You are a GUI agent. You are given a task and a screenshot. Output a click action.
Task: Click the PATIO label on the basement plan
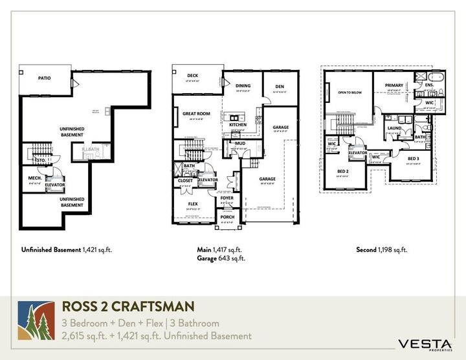click(x=44, y=78)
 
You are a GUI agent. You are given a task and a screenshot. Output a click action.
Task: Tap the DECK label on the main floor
click(x=192, y=75)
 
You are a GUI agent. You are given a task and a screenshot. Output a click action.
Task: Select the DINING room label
click(x=243, y=85)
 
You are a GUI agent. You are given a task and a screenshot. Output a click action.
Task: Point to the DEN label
click(x=280, y=85)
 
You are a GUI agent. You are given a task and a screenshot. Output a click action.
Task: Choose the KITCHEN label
click(x=238, y=124)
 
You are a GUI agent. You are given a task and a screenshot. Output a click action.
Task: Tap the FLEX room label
click(x=193, y=203)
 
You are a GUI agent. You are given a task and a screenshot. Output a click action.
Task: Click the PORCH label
click(x=227, y=217)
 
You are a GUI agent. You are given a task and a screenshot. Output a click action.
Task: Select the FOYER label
click(x=227, y=198)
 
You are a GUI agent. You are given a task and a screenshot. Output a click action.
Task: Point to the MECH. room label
click(x=35, y=177)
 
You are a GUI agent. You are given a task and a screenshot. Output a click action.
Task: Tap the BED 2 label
click(x=343, y=171)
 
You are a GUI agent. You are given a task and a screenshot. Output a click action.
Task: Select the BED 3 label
click(x=414, y=158)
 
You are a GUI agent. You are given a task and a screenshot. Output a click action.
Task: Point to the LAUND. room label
click(x=395, y=128)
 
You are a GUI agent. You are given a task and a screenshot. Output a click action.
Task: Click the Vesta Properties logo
click(x=424, y=344)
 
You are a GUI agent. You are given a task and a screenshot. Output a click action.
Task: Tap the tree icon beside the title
click(x=34, y=321)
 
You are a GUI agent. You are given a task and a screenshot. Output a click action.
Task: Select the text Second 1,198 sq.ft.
click(x=382, y=249)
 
